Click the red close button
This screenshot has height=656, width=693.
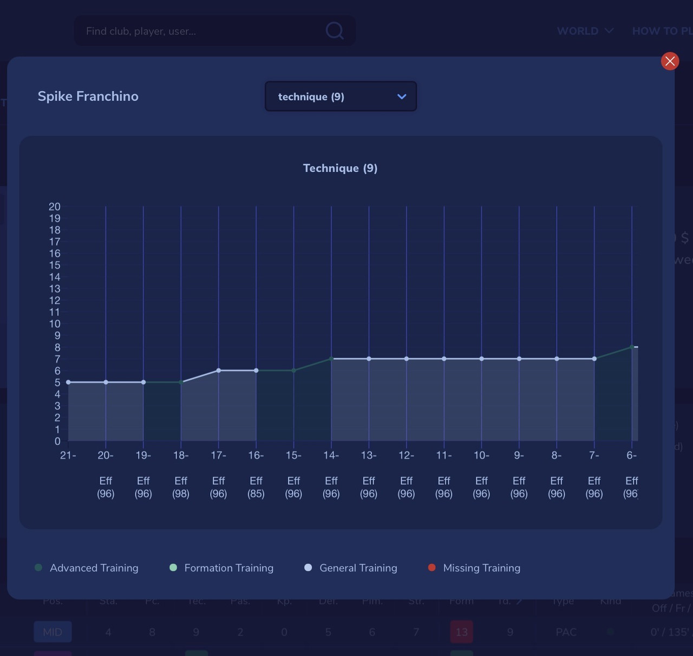click(670, 61)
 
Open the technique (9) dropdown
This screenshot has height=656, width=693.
click(341, 96)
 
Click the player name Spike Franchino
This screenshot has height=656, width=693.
click(88, 96)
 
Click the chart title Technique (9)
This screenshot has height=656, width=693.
click(340, 168)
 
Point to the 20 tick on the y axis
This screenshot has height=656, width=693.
click(55, 206)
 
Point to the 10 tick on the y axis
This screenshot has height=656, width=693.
click(55, 324)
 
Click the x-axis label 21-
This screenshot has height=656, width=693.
click(68, 456)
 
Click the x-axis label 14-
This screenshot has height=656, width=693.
click(331, 456)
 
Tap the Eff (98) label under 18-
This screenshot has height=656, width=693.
click(181, 487)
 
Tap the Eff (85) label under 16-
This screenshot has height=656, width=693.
click(256, 487)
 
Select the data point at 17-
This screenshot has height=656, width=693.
click(219, 371)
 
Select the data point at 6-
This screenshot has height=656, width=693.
click(632, 347)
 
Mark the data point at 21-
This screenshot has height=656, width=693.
click(68, 382)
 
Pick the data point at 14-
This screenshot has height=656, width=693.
click(331, 359)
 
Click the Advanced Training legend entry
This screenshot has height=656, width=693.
click(93, 568)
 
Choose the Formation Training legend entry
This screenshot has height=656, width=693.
click(228, 568)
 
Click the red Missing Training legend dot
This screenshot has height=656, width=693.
click(432, 568)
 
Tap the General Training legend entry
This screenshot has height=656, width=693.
click(357, 568)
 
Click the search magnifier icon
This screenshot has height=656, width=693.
click(335, 31)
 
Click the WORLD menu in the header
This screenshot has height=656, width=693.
click(585, 31)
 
